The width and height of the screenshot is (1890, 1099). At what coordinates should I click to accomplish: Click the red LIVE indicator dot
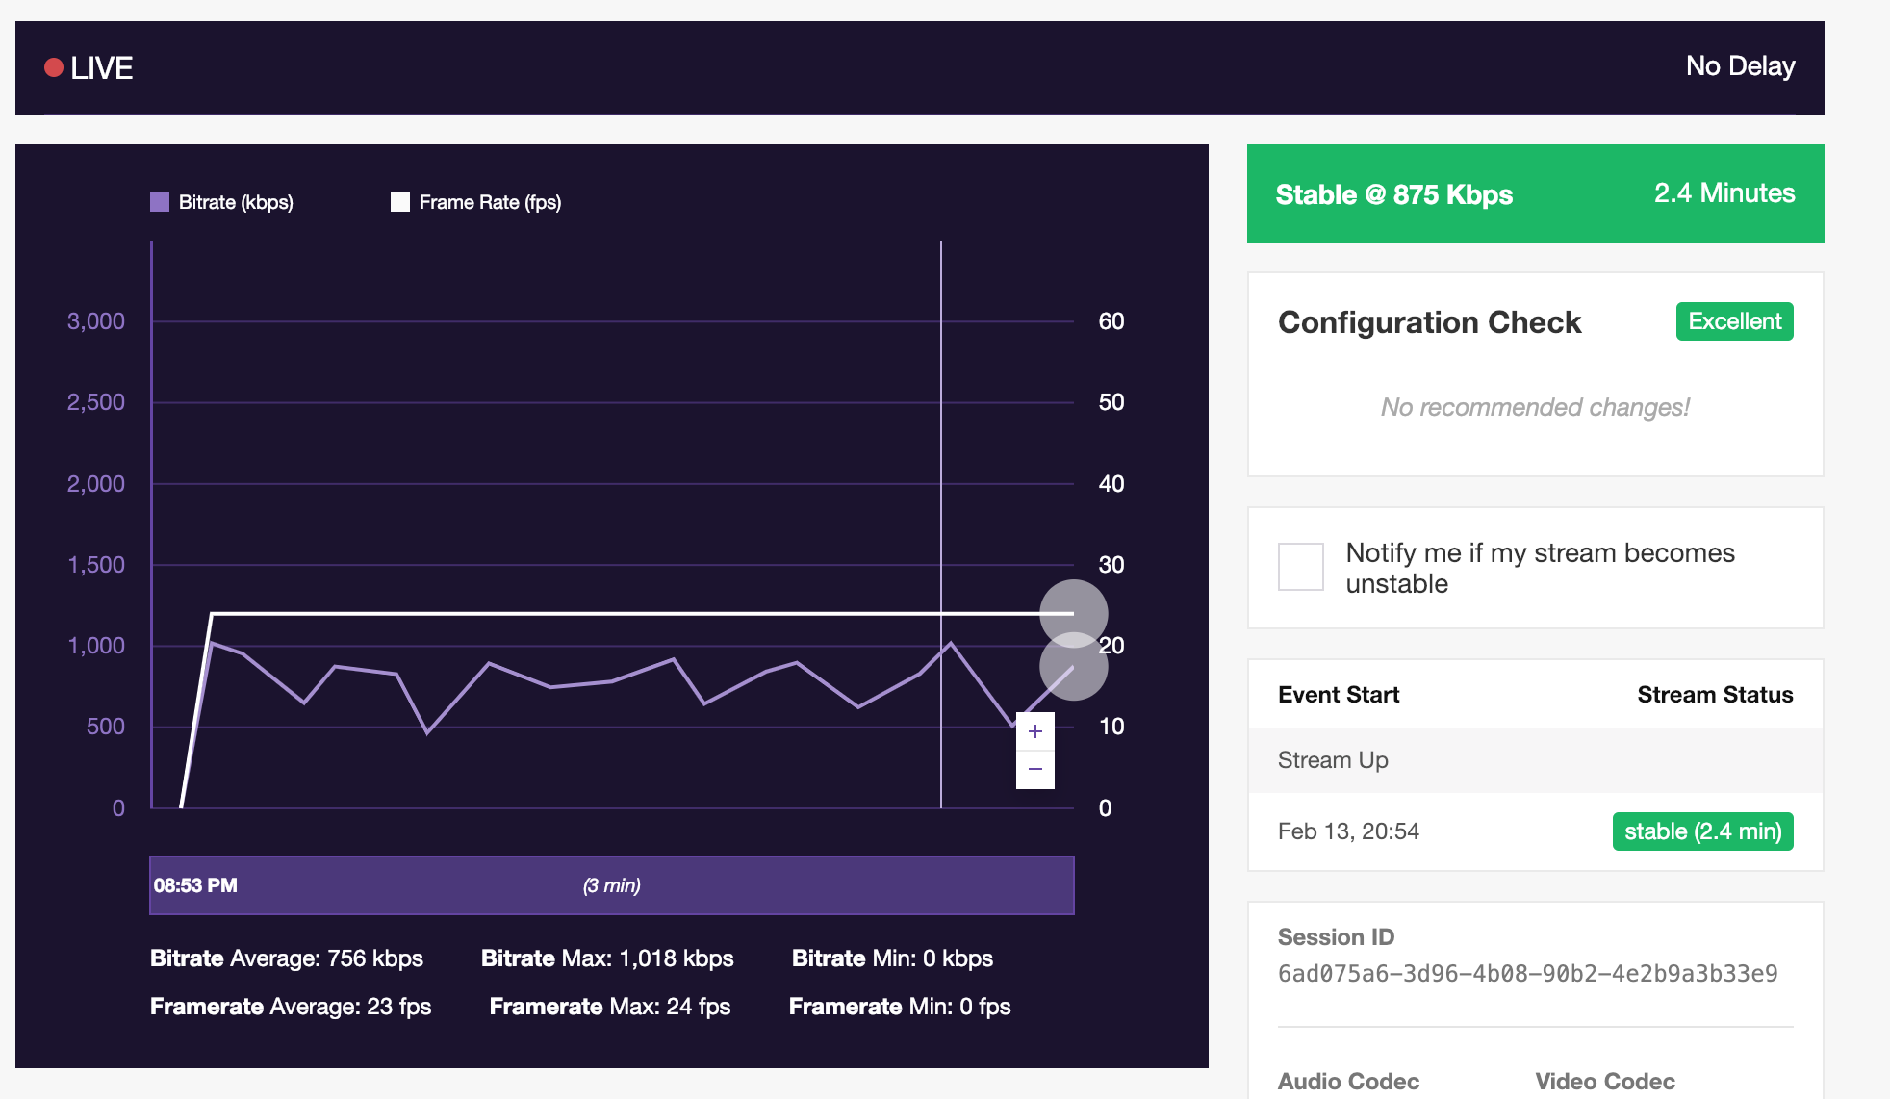54,67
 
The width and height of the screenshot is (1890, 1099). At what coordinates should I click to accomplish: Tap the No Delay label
1740,65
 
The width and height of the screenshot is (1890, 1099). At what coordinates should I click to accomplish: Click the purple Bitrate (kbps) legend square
160,202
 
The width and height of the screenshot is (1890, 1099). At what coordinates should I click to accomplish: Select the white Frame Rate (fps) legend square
400,202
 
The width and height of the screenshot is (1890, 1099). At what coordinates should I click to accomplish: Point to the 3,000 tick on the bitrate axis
95,321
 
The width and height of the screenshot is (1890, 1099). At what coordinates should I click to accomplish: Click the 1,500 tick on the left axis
95,565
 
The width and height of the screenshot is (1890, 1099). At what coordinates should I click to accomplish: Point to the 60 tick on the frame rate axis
1111,321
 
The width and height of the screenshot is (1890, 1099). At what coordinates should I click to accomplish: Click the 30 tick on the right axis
1111,565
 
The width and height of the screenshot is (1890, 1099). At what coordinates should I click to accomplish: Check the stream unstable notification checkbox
1300,567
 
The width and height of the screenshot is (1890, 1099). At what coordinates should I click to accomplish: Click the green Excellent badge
1734,321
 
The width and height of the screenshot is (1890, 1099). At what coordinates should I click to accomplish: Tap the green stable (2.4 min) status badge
1702,831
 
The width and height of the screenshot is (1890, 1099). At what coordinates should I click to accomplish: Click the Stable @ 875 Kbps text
1393,194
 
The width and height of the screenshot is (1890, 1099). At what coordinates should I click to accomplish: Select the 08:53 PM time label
195,885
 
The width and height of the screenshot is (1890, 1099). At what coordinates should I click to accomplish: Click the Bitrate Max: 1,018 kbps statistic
607,958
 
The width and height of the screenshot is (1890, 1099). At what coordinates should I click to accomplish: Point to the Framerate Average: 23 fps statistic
291,1007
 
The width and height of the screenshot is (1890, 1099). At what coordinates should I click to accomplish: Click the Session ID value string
1527,974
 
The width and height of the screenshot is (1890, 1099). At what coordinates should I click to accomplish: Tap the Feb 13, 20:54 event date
1348,831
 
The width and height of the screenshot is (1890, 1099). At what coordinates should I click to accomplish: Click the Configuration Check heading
1429,322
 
